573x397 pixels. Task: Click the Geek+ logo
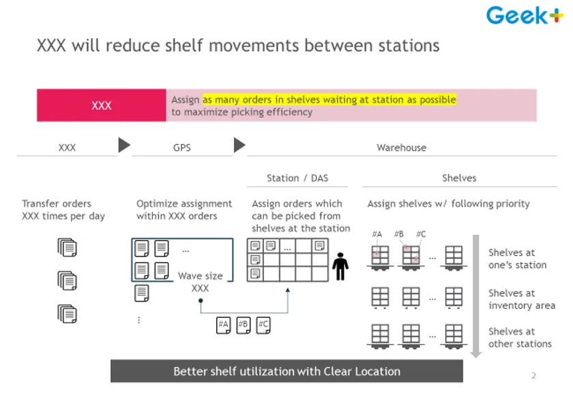click(525, 16)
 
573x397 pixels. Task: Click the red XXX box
click(101, 105)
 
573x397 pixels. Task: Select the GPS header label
click(181, 148)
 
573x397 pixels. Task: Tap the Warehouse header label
click(401, 148)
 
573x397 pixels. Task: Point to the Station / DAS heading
click(297, 178)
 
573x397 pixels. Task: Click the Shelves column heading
click(459, 178)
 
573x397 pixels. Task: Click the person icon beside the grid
click(340, 267)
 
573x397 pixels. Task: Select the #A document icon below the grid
click(223, 325)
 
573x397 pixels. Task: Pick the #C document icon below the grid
click(263, 325)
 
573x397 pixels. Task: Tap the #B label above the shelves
click(398, 234)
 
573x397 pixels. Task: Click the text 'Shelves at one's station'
click(517, 259)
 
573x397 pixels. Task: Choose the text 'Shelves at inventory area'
click(521, 299)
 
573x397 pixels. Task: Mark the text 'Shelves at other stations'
click(520, 338)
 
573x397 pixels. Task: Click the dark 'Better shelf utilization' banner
click(286, 371)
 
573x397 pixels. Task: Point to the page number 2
click(533, 375)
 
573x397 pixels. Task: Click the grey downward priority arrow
click(475, 296)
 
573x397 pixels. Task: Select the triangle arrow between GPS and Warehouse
click(239, 145)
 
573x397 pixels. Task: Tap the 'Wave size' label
click(201, 276)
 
